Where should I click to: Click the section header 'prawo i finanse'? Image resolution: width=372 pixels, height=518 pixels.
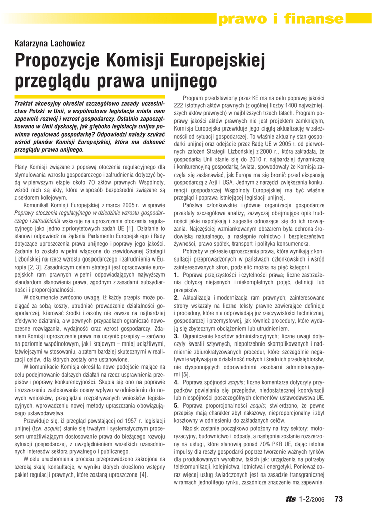pyautogui.click(x=281, y=19)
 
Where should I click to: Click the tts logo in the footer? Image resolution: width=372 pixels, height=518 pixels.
pyautogui.click(x=291, y=500)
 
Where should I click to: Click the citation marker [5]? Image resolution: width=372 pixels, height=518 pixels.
pyautogui.click(x=185, y=374)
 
